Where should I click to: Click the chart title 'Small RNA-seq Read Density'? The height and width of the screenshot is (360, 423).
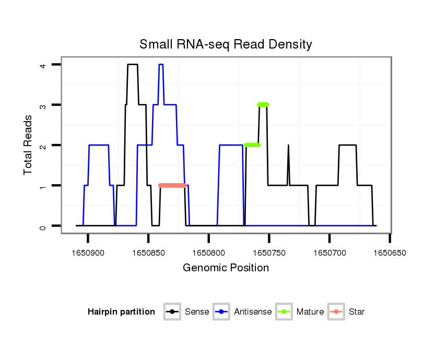[226, 44]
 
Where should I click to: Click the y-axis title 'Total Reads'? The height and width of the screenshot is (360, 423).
[28, 145]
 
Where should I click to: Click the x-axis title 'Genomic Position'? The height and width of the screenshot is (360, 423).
[226, 268]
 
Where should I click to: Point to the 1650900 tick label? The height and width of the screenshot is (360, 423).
[88, 253]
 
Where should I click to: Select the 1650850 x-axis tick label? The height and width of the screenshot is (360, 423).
[148, 253]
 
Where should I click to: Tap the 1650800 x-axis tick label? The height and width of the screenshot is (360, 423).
[209, 253]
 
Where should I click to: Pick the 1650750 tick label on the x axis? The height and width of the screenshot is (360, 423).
[269, 253]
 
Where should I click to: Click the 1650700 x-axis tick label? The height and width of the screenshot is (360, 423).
[330, 253]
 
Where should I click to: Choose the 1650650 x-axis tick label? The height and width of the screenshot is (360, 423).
[390, 253]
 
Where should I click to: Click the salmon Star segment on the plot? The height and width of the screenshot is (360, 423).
[172, 185]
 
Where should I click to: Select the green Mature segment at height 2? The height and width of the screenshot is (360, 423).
[252, 145]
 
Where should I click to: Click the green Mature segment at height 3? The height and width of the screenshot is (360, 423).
[263, 105]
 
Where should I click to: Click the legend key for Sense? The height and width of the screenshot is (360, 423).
[172, 312]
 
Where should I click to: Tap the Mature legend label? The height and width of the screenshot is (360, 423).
[310, 312]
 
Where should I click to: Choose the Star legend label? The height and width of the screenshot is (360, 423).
[356, 312]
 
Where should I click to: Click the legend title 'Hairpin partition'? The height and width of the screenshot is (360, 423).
[121, 312]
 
